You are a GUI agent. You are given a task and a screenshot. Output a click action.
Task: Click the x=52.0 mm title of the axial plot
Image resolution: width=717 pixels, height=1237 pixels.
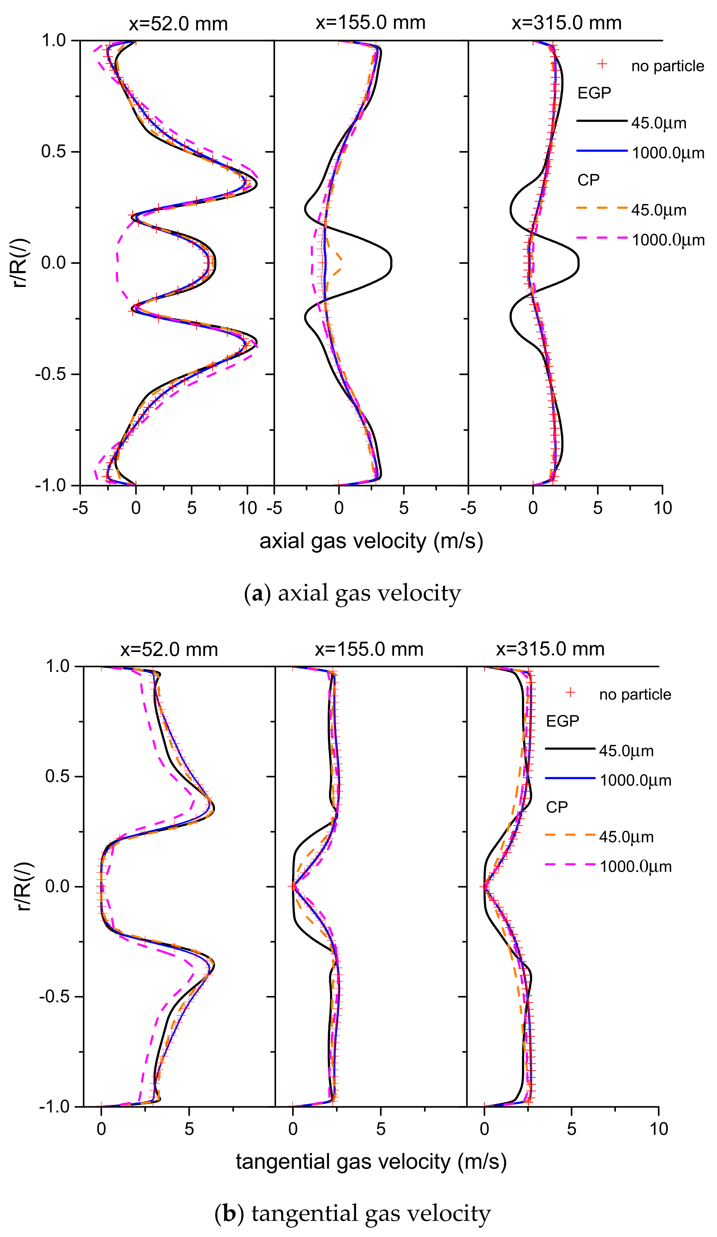coord(178,24)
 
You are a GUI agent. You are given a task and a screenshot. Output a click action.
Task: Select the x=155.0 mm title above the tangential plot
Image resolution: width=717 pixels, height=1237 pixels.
coord(369,649)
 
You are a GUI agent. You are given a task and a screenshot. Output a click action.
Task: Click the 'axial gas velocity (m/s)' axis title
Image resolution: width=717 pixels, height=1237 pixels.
coord(371,541)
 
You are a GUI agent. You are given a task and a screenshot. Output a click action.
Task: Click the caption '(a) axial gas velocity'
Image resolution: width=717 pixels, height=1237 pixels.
coord(352,593)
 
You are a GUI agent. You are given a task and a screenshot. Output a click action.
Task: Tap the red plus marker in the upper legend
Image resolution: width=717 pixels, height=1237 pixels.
coord(602,64)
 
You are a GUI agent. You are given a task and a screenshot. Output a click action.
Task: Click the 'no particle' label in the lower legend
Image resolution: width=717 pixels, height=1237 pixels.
coord(635,695)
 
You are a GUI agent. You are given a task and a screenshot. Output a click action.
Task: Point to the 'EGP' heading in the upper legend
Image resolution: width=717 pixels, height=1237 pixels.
coord(594,93)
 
